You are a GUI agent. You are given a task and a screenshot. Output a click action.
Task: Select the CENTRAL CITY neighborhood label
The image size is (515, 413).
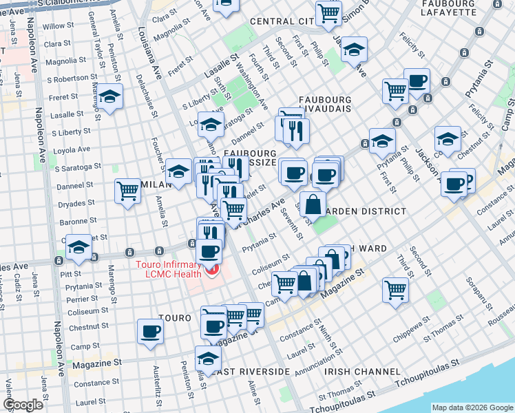pyautogui.click(x=282, y=21)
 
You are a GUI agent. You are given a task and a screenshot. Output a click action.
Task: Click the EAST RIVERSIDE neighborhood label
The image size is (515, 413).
pyautogui.click(x=251, y=371)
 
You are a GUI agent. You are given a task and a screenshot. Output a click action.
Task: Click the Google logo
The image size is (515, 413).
pyautogui.click(x=23, y=404)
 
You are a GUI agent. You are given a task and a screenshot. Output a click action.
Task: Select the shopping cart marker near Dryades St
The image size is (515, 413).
pyautogui.click(x=128, y=191)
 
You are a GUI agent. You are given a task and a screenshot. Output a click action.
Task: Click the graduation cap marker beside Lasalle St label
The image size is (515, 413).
pyautogui.click(x=109, y=96)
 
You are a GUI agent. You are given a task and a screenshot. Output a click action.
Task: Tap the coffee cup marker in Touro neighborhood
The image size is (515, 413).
pyautogui.click(x=151, y=331)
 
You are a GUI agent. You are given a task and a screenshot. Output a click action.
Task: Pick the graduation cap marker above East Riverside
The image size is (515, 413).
pyautogui.click(x=208, y=357)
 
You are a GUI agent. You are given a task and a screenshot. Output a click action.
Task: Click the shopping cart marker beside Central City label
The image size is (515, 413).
pyautogui.click(x=329, y=11)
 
